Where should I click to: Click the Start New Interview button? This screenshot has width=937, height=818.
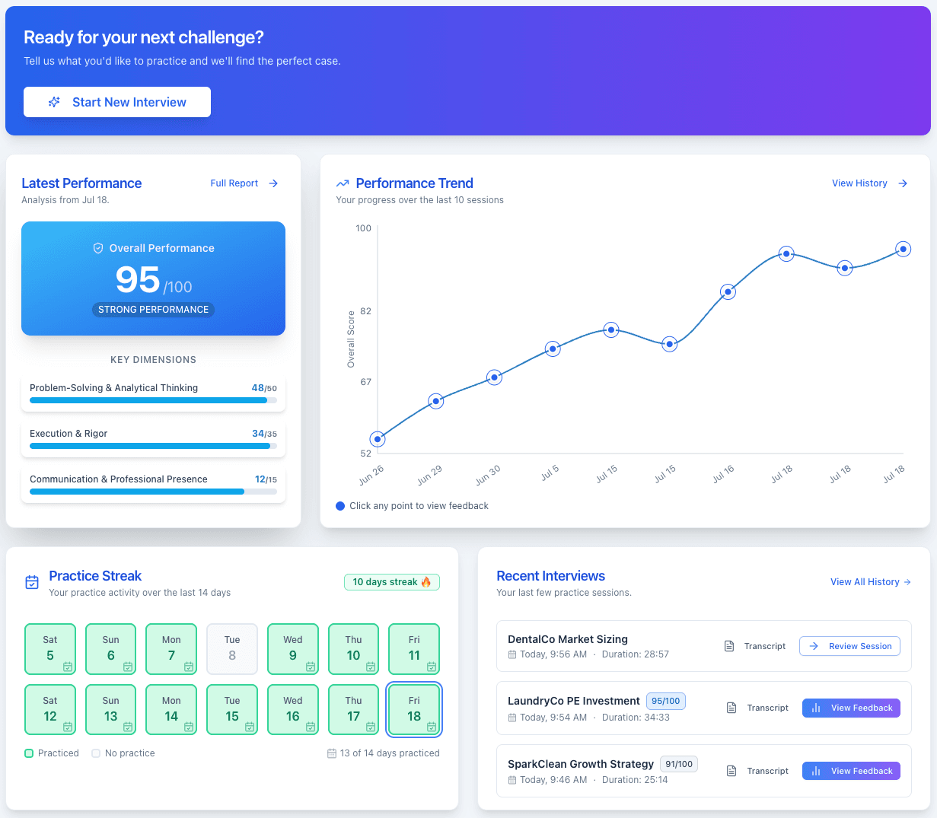tap(117, 102)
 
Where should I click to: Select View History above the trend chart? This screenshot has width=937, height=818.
tap(868, 183)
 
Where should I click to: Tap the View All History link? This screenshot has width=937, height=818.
tap(870, 582)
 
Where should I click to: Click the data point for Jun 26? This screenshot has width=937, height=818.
tap(378, 439)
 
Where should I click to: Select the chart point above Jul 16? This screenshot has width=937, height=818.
tap(728, 291)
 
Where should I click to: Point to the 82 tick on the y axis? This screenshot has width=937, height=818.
tap(365, 311)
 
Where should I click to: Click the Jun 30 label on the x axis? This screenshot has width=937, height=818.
tap(488, 475)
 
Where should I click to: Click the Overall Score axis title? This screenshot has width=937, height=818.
tap(351, 339)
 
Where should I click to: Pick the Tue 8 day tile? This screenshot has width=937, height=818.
tap(232, 649)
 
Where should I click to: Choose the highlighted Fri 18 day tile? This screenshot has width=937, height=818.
tap(414, 710)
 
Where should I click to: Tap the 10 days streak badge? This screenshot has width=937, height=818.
tap(391, 582)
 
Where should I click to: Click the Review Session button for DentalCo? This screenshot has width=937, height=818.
tap(849, 646)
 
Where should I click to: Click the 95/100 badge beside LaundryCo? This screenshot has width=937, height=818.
tap(665, 701)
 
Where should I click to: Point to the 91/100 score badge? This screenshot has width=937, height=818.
tap(678, 764)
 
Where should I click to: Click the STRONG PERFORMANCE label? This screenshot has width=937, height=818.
tap(153, 310)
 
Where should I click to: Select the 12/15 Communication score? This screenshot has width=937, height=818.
tap(266, 479)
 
